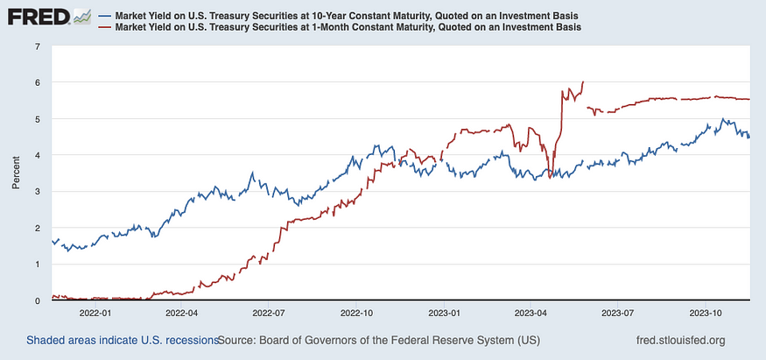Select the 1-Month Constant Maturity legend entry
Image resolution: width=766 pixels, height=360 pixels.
tap(342, 28)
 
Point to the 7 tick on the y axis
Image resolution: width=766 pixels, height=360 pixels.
tap(37, 46)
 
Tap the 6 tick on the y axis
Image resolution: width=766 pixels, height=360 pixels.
tap(37, 82)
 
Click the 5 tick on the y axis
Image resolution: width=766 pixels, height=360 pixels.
tap(37, 118)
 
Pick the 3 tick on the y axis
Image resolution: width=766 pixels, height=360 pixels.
tap(37, 191)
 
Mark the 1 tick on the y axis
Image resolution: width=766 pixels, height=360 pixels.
tap(37, 264)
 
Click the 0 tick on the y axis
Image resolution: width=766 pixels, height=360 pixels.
tap(37, 300)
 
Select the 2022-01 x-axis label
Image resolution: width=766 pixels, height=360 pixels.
tap(95, 312)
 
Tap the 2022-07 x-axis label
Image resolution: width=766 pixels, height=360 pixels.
tap(270, 312)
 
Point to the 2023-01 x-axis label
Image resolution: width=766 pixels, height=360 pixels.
tap(445, 312)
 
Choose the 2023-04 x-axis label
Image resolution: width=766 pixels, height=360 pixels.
tap(531, 312)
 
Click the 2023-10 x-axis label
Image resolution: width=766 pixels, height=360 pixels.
tap(706, 312)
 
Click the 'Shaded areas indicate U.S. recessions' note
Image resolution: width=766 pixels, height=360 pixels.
tap(122, 340)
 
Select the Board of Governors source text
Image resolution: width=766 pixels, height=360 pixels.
tap(378, 340)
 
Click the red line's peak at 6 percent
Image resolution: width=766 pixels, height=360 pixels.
tap(583, 82)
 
